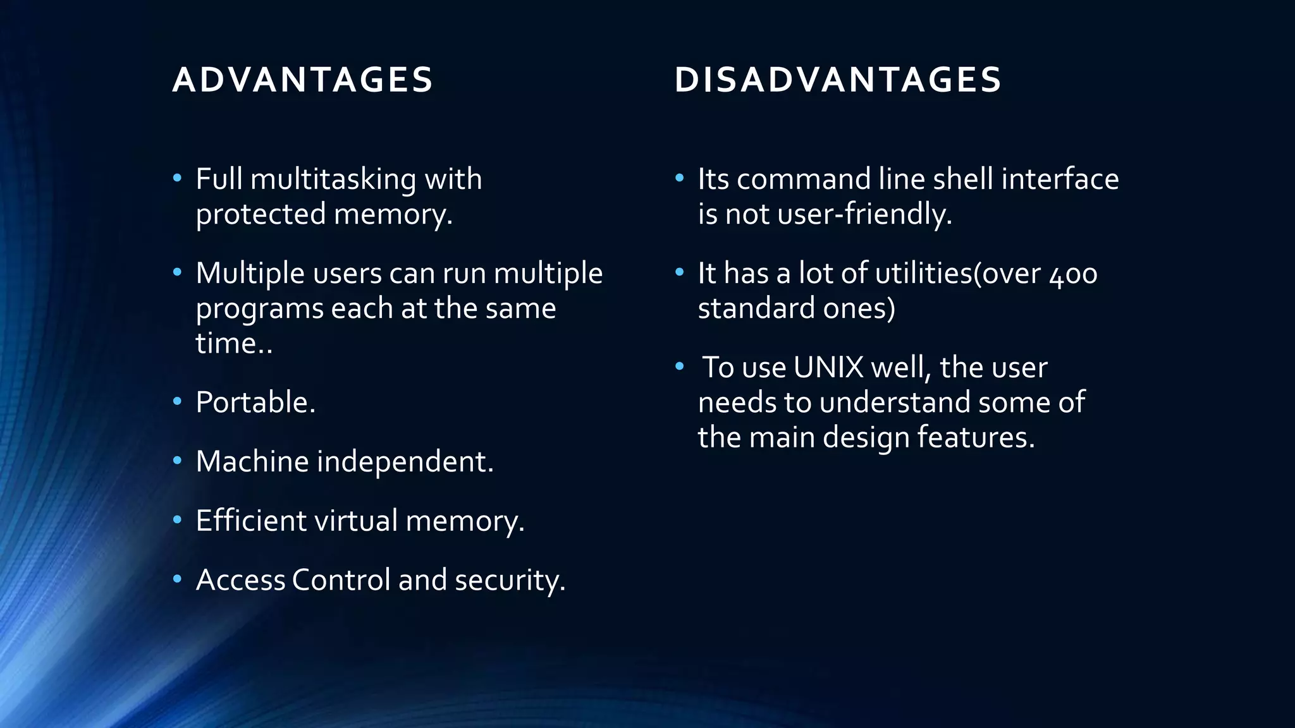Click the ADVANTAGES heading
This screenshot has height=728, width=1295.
pyautogui.click(x=302, y=80)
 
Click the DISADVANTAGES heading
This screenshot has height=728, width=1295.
pyautogui.click(x=838, y=80)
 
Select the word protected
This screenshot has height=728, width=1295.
pyautogui.click(x=261, y=215)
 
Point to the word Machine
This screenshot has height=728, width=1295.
pyautogui.click(x=252, y=461)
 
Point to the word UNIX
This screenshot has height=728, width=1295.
pyautogui.click(x=828, y=368)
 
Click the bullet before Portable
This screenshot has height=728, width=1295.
pyautogui.click(x=178, y=401)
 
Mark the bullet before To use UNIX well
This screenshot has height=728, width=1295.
pyautogui.click(x=680, y=367)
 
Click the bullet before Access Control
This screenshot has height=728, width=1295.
pyautogui.click(x=178, y=579)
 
